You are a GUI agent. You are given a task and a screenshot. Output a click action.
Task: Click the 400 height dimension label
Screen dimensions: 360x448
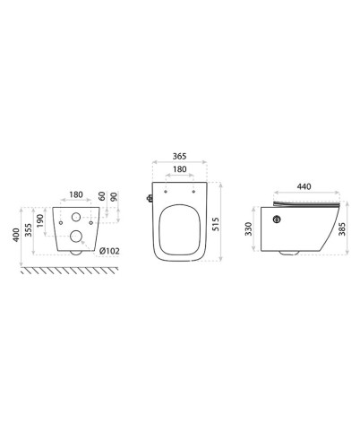pyautogui.click(x=16, y=235)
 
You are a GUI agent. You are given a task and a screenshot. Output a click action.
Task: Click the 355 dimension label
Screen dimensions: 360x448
pyautogui.click(x=29, y=230)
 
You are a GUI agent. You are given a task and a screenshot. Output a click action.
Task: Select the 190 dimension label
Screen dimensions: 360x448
pyautogui.click(x=40, y=220)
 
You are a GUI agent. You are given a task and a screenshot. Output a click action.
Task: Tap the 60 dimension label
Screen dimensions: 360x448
pyautogui.click(x=102, y=196)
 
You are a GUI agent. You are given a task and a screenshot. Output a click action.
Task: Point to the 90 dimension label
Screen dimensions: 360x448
pyautogui.click(x=114, y=196)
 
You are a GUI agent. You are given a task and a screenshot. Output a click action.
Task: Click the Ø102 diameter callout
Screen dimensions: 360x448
pyautogui.click(x=109, y=251)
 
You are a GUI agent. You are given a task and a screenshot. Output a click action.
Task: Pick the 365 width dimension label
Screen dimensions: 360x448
pyautogui.click(x=179, y=156)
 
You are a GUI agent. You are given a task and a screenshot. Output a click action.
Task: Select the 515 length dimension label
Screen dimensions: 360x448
pyautogui.click(x=216, y=224)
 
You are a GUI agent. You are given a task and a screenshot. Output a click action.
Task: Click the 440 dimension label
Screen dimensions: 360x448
pyautogui.click(x=304, y=186)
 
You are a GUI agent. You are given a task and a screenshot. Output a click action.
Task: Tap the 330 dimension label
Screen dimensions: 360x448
pyautogui.click(x=249, y=228)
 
